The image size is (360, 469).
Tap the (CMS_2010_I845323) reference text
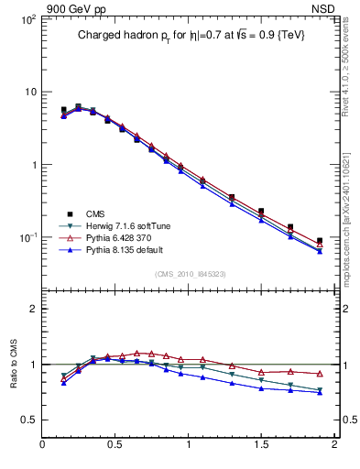tap(188, 274)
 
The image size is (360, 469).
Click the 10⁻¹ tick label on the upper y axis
tap(27, 238)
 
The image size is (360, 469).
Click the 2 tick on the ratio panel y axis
tap(34, 309)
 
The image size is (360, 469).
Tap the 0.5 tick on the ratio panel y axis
tap(30, 420)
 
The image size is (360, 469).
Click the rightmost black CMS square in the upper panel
tap(319, 241)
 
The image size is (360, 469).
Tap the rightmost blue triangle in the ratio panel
tap(319, 392)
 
